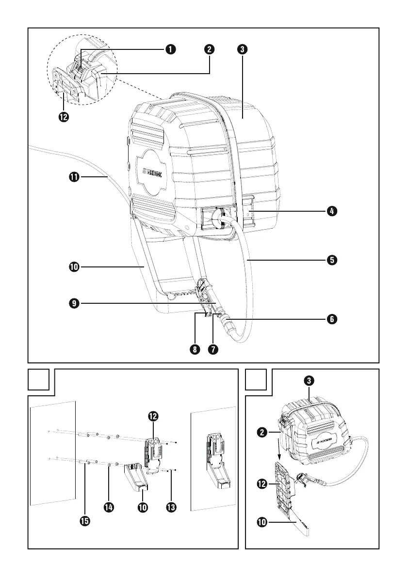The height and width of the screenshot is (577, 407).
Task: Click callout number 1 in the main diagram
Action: point(170,49)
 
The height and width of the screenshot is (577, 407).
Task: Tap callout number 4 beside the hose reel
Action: point(331,211)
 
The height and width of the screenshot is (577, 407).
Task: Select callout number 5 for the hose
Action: point(331,260)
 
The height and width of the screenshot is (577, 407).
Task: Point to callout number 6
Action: point(331,319)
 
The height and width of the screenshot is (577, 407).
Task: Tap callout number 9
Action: point(74,303)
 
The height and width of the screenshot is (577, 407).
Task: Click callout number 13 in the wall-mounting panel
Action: point(171,507)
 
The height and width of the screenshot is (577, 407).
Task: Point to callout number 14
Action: point(109,507)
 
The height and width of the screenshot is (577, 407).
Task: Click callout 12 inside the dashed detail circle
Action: point(63,117)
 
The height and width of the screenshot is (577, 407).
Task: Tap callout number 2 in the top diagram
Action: point(210,49)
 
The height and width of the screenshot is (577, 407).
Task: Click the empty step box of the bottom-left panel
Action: point(39,379)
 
